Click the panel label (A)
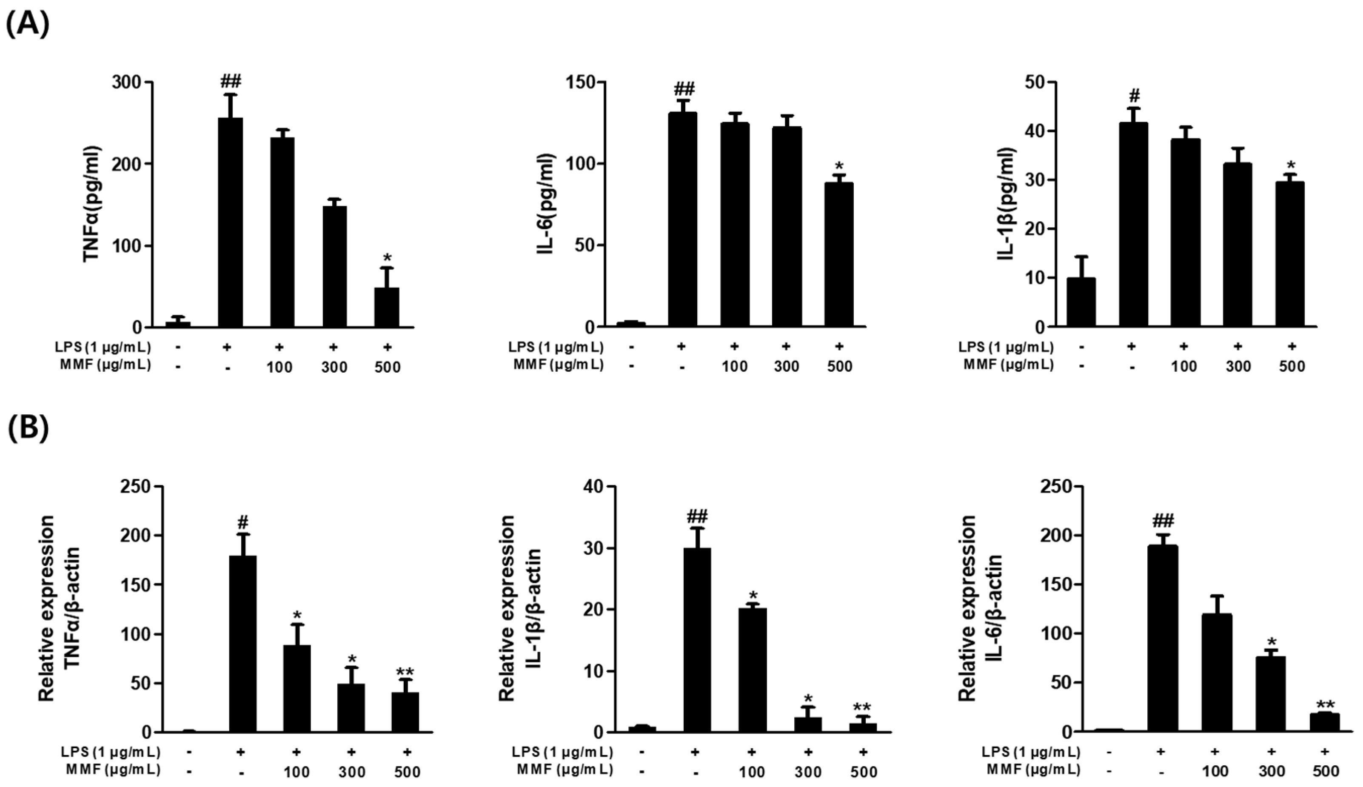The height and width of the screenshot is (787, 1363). coord(27,24)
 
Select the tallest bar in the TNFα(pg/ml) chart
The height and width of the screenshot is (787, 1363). coord(230,222)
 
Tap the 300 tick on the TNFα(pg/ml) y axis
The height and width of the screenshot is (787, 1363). coord(126,82)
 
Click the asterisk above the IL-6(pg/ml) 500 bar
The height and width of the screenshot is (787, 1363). coord(839,165)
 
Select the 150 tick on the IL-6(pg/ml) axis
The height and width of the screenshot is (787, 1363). coord(580,82)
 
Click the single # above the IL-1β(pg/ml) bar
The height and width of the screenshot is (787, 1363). coord(1134,96)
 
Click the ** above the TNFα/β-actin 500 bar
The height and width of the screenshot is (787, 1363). coord(405,672)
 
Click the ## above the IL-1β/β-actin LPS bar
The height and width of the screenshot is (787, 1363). coord(697,517)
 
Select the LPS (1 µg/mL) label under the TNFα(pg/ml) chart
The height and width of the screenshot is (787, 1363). coord(102,346)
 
